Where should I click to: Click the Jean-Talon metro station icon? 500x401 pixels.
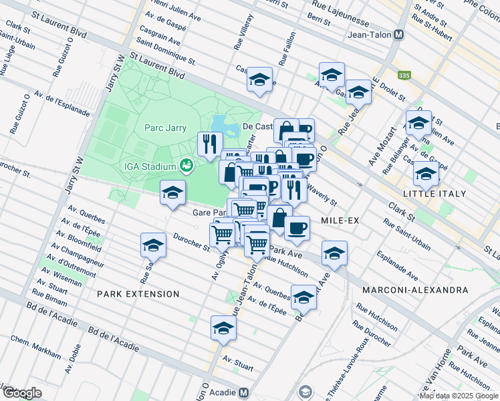(x=399, y=35)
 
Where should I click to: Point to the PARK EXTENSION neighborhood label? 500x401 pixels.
(x=138, y=294)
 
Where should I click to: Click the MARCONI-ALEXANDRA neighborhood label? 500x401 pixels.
(x=414, y=290)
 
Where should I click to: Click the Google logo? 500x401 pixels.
(x=21, y=393)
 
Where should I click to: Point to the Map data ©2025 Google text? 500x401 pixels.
(x=459, y=396)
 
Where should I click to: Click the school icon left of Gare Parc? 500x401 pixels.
(x=172, y=194)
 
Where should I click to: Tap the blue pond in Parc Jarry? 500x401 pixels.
(x=221, y=123)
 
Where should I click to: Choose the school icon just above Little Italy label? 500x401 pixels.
(x=426, y=174)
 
